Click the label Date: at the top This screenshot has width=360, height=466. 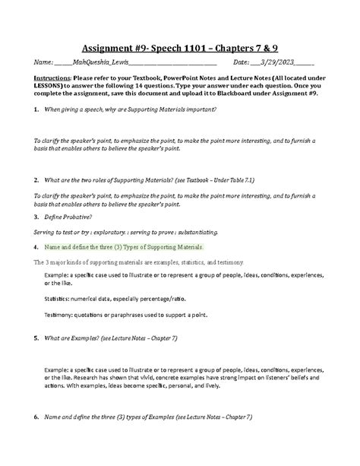(x=241, y=62)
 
